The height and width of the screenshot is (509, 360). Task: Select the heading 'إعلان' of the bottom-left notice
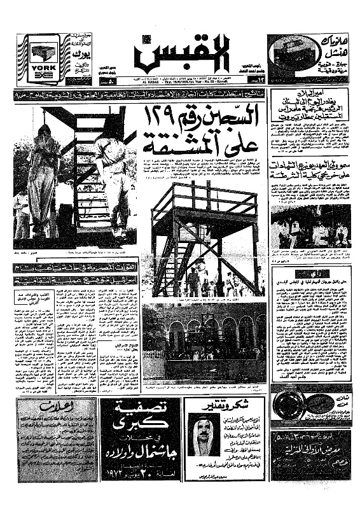coord(52,407)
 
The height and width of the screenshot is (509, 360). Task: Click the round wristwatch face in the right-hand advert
coord(291,405)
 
